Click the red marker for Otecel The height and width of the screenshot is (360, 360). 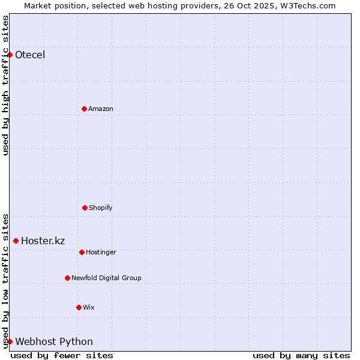[10, 55]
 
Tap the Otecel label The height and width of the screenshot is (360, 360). [30, 55]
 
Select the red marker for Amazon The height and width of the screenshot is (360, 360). [84, 109]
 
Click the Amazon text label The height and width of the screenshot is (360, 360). [101, 109]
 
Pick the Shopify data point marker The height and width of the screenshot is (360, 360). [85, 208]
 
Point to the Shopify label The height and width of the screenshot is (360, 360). [101, 208]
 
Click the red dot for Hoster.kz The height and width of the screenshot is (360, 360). [16, 241]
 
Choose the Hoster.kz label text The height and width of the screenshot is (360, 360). [43, 241]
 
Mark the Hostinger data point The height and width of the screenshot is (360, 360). [82, 252]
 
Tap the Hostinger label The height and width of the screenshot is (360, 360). [101, 252]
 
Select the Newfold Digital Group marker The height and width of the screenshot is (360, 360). [67, 278]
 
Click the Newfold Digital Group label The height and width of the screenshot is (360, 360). [106, 278]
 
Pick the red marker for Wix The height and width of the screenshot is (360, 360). [79, 307]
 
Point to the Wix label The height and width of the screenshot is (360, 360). [89, 307]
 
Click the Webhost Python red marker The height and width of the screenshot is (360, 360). [10, 341]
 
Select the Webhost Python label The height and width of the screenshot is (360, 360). [54, 341]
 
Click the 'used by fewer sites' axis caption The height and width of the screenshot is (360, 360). [62, 355]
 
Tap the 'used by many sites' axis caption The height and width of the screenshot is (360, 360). [301, 355]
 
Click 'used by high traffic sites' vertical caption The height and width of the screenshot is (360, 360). [5, 85]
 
